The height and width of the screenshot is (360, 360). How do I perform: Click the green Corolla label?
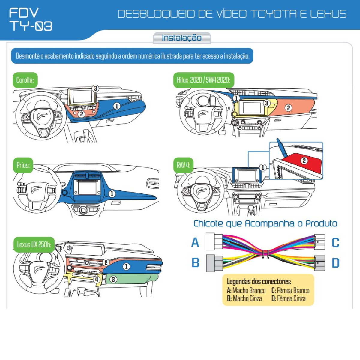25,80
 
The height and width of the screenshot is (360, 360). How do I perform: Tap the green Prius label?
23,165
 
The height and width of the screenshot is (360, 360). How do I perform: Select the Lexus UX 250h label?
34,244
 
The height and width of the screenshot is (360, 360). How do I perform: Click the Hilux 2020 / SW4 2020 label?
203,80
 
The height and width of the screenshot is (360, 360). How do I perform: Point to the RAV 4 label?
183,165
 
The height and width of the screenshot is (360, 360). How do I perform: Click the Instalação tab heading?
181,38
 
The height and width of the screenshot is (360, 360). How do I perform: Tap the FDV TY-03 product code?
31,20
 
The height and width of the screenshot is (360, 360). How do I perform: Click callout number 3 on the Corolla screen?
95,88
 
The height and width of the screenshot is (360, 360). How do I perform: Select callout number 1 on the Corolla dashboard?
117,106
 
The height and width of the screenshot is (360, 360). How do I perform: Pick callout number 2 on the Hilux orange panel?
288,108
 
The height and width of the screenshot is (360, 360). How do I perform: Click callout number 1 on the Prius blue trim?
112,194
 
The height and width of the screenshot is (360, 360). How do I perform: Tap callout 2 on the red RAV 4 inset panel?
304,160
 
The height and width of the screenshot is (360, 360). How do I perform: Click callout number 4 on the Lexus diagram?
97,279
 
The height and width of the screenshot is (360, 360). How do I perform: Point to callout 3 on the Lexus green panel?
113,279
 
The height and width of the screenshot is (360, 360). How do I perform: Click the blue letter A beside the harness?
195,242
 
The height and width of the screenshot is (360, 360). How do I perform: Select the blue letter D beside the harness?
335,263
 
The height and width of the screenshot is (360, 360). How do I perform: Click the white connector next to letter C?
319,242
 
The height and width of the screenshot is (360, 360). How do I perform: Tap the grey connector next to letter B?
214,263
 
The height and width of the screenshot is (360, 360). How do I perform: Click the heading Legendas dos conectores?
259,282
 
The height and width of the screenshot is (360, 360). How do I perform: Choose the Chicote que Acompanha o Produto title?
265,223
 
